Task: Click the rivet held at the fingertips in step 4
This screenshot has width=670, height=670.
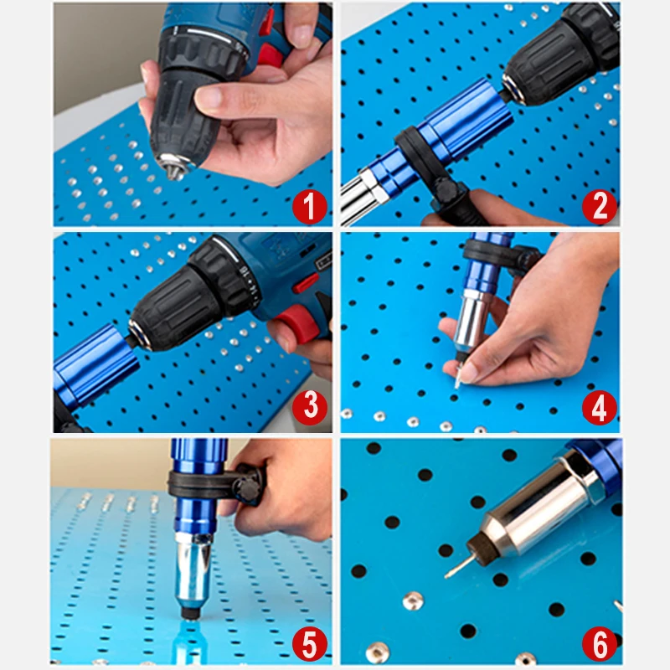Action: [x=461, y=374]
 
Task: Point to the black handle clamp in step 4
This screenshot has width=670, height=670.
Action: [x=494, y=251]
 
